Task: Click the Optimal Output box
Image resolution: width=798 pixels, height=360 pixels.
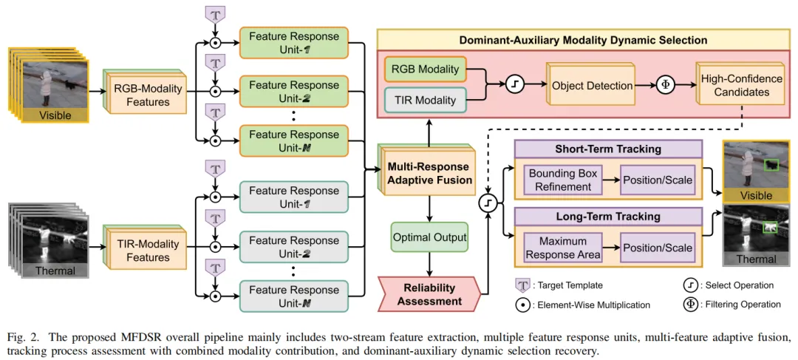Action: [429, 237]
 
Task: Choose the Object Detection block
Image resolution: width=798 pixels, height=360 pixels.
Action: [591, 85]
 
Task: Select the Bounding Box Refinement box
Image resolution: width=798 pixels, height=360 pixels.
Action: [563, 180]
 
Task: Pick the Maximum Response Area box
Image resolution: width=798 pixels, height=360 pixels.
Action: [563, 248]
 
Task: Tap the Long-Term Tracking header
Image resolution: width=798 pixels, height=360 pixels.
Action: [607, 217]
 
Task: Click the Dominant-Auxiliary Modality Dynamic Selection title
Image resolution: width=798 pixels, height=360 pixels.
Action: [583, 40]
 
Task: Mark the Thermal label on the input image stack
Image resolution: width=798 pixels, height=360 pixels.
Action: [55, 271]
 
